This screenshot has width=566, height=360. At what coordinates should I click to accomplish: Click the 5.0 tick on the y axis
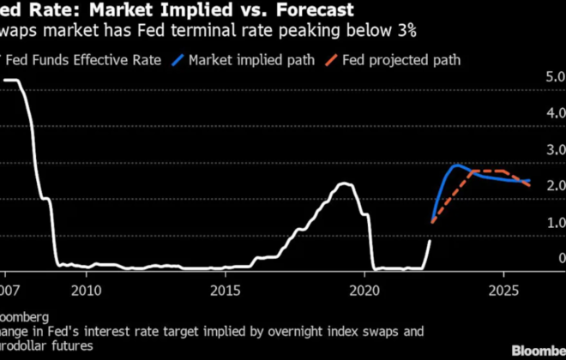pos(556,77)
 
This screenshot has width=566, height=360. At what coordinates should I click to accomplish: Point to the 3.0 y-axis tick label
pos(556,150)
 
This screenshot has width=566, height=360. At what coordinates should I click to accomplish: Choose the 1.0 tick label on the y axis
pos(556,223)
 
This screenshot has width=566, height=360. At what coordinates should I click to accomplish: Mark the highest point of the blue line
pos(457,165)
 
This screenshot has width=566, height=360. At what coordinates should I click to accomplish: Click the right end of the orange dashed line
pos(529,185)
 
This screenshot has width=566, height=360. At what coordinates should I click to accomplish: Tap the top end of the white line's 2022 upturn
pos(430,241)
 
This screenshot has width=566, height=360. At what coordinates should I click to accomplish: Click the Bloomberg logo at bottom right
pos(539,351)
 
